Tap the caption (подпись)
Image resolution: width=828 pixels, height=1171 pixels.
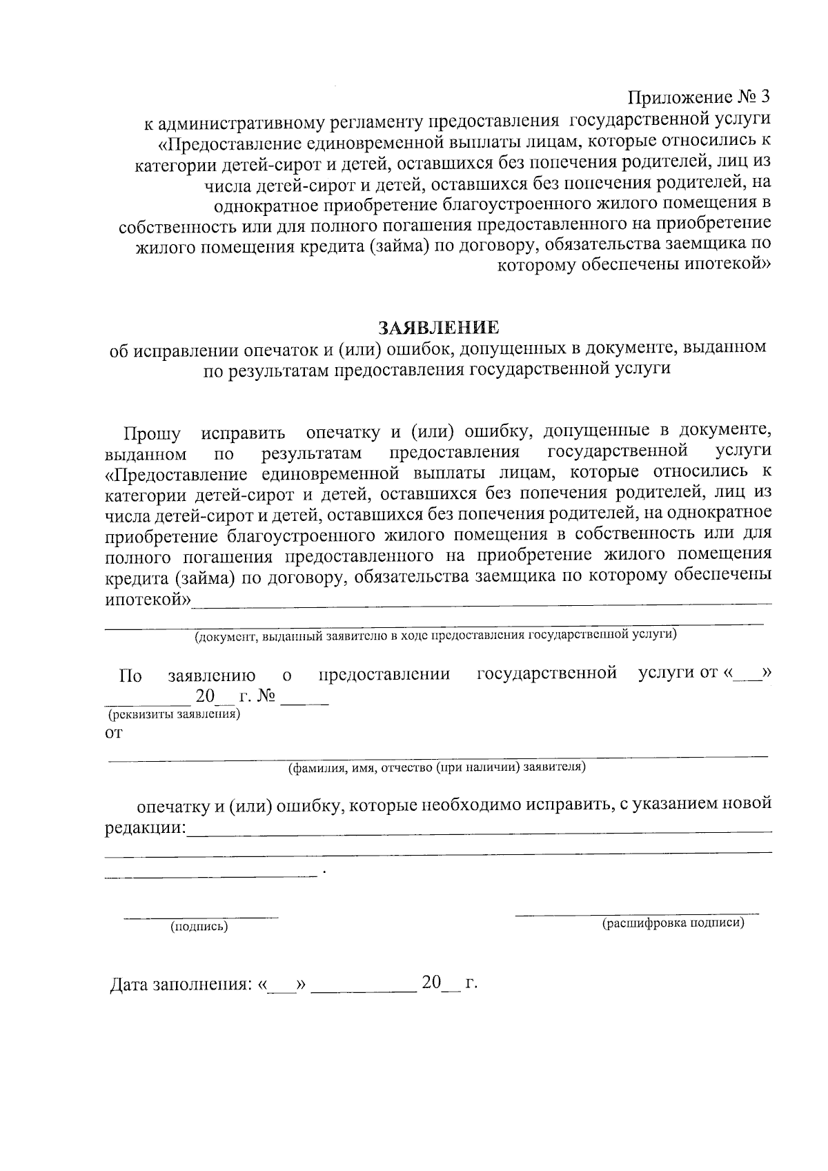click(199, 927)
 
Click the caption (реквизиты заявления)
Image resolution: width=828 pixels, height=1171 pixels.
click(172, 715)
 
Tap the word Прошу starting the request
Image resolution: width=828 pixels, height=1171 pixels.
click(152, 435)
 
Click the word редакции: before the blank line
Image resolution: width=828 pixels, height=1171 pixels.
click(146, 827)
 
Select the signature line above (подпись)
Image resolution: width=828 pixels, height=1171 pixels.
click(200, 917)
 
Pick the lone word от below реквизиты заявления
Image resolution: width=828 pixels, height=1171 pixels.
click(113, 734)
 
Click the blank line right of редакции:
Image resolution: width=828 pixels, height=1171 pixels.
click(480, 832)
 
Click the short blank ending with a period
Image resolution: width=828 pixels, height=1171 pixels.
click(210, 875)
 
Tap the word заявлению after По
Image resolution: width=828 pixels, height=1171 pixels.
click(211, 675)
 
